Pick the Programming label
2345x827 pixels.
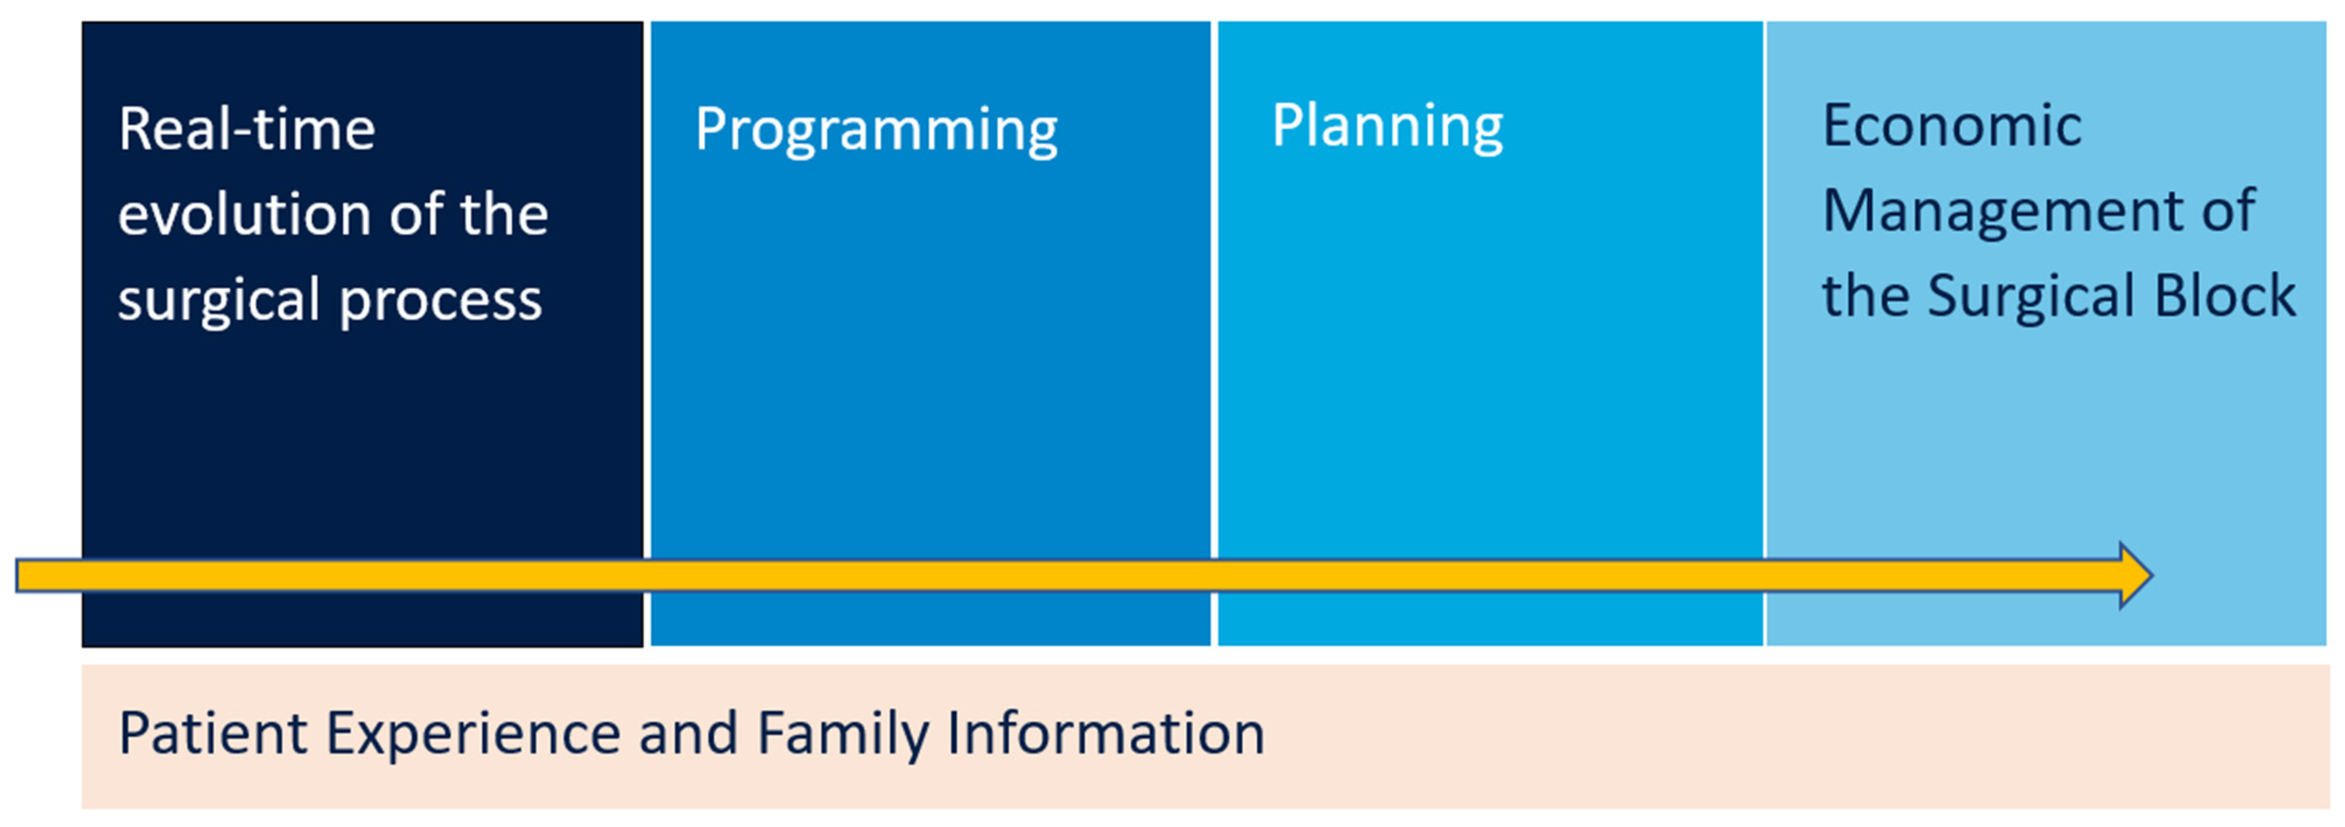click(876, 129)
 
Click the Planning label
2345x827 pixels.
click(1388, 126)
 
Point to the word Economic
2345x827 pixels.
click(1952, 126)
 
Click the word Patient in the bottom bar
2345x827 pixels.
click(214, 733)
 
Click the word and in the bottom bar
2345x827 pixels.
click(687, 733)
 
